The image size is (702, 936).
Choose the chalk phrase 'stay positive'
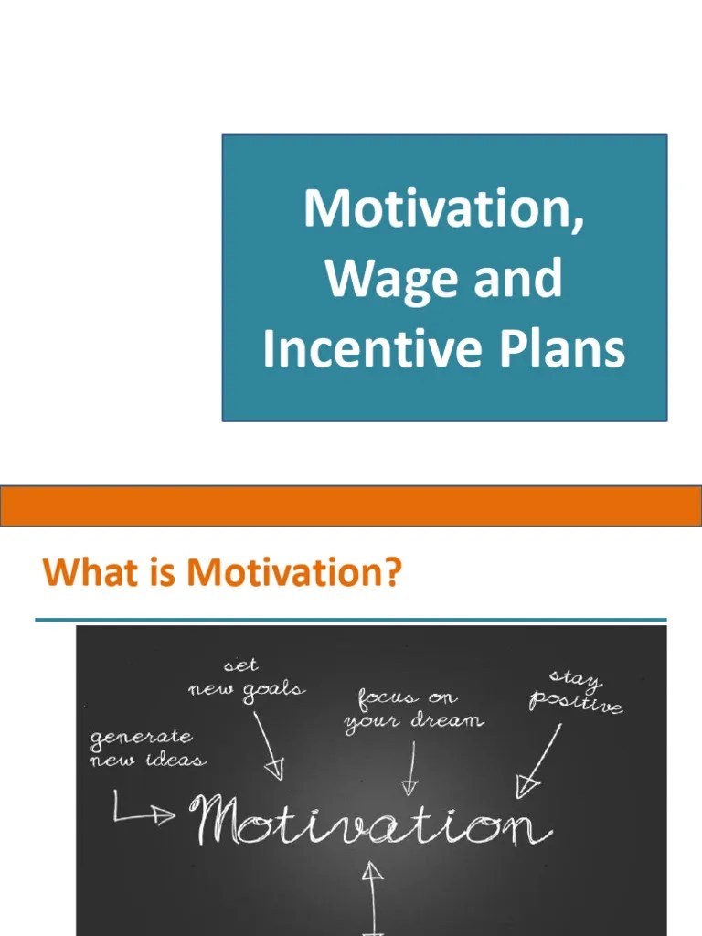(x=575, y=692)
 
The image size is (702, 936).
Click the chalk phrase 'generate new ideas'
(x=146, y=748)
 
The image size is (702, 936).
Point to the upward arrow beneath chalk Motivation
(x=372, y=891)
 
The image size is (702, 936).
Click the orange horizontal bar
(x=351, y=505)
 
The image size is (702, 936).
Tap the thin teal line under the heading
(x=351, y=620)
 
